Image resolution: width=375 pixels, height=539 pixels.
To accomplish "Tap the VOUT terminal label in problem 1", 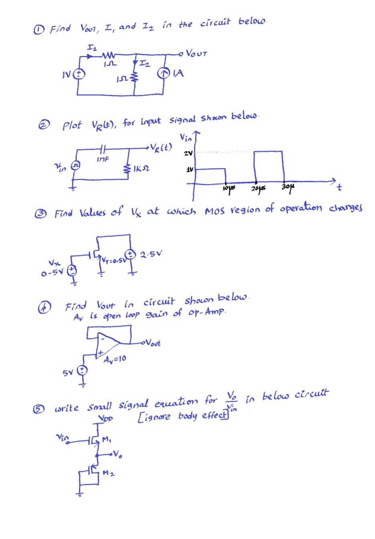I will coord(197,53).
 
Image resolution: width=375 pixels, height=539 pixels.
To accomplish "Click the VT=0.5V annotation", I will coord(113,261).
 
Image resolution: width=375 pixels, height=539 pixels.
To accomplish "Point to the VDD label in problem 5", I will coord(106,418).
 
